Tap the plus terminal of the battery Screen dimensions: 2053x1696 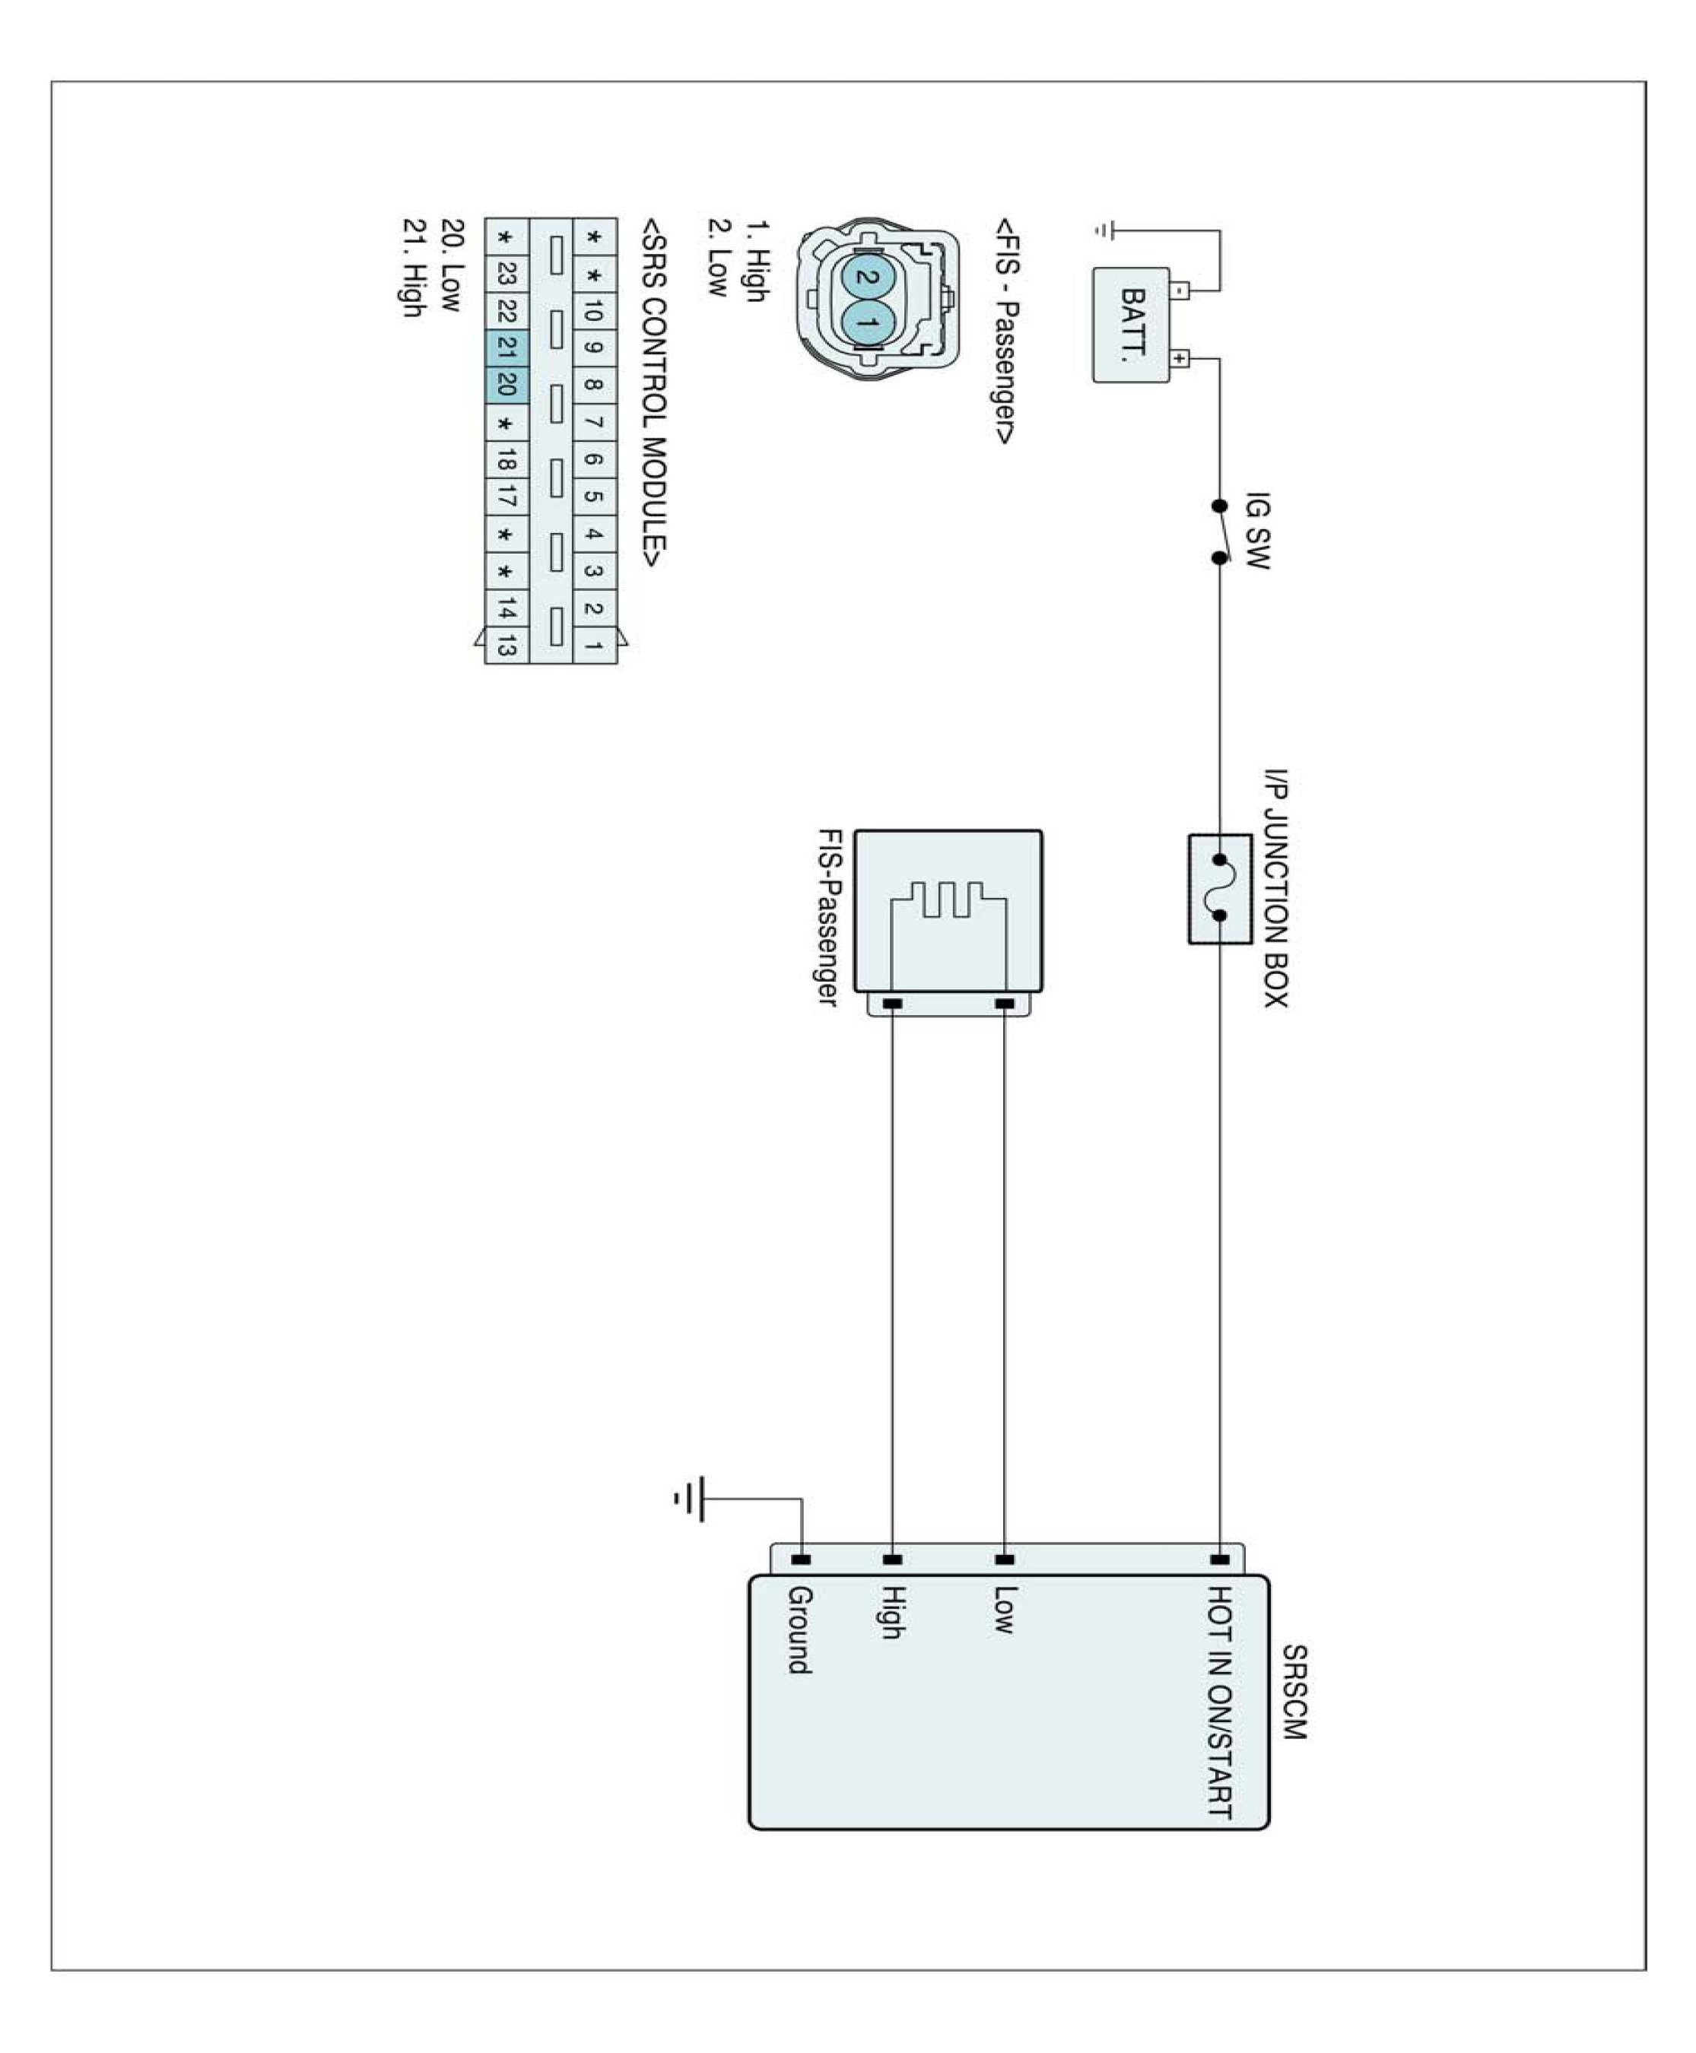(x=1180, y=358)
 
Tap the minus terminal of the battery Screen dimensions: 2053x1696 (x=1180, y=289)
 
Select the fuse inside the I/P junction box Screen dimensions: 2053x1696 (x=1219, y=888)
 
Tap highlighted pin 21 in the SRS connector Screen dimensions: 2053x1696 (x=506, y=346)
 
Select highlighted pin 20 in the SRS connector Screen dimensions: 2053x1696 (x=506, y=383)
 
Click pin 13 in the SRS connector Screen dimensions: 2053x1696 (x=506, y=645)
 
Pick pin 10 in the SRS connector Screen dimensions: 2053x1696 (x=593, y=310)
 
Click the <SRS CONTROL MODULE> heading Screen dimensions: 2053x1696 (x=653, y=392)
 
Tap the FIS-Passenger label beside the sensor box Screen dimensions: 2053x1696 (x=828, y=917)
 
